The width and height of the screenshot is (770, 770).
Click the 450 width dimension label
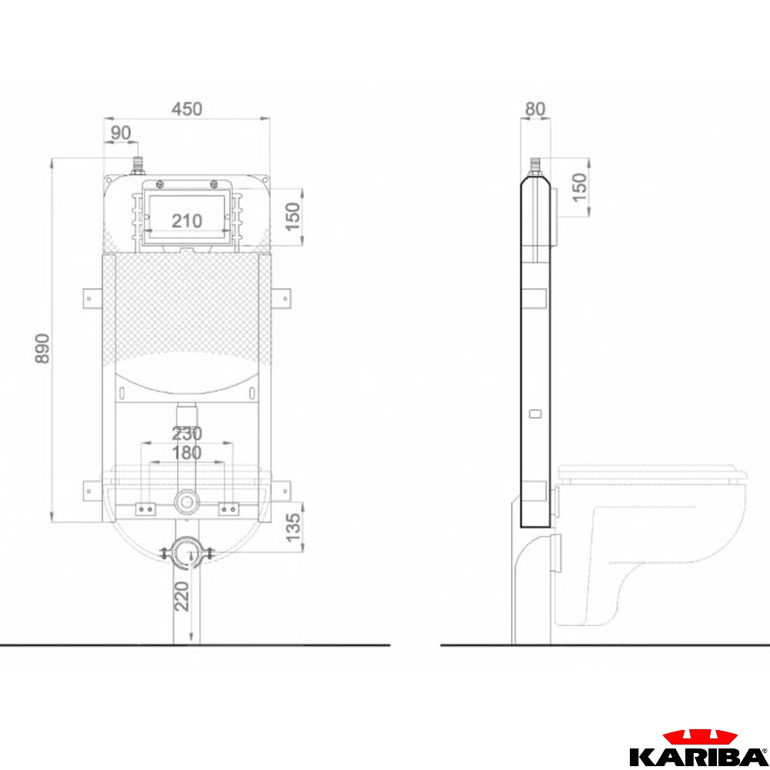[186, 109]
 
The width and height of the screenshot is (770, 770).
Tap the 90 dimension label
[120, 132]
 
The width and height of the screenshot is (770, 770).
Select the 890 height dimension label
[42, 348]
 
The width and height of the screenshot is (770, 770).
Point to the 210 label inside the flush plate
[186, 221]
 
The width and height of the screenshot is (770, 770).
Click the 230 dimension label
[186, 433]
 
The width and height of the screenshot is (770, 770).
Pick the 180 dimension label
[186, 452]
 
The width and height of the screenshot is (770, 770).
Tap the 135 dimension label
[293, 527]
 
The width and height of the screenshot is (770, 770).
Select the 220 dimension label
[182, 596]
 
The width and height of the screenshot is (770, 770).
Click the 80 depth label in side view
[535, 109]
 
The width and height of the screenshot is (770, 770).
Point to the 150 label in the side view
[580, 186]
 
